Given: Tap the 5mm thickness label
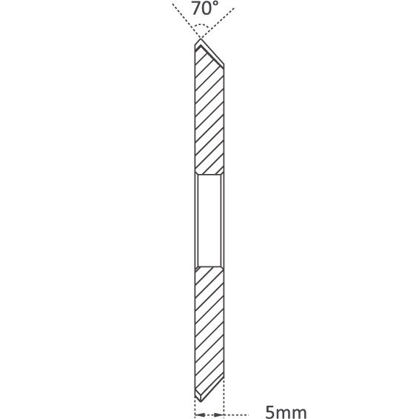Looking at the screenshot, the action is (286, 412).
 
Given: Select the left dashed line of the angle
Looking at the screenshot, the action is (187, 21).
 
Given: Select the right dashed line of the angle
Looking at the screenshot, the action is (218, 23).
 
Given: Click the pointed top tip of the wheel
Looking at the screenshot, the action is (201, 38).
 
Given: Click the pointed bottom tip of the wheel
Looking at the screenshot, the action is (201, 402).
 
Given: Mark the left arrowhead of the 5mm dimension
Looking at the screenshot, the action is (199, 415).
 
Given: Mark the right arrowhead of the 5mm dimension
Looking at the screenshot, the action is (219, 415).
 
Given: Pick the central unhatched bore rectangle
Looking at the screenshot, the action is (209, 221).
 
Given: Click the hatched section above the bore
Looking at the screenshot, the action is (209, 113).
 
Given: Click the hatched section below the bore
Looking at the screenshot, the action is (209, 332).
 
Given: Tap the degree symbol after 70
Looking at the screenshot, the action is (215, 4).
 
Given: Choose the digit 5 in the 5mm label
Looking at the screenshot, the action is (270, 412).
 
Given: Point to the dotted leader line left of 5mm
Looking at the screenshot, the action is (236, 415).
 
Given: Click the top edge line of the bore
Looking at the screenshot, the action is (209, 175).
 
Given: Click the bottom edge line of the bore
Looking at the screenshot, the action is (209, 267).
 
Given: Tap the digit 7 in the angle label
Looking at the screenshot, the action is (196, 8).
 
